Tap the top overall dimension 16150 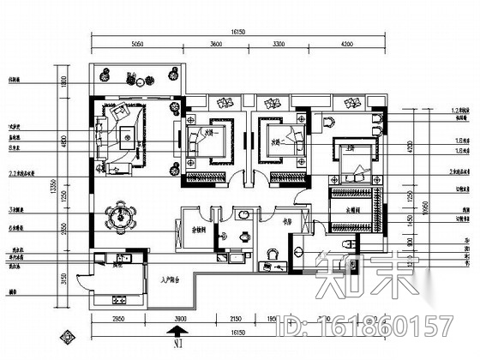[x=239, y=33]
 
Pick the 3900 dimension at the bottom [x=181, y=319]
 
